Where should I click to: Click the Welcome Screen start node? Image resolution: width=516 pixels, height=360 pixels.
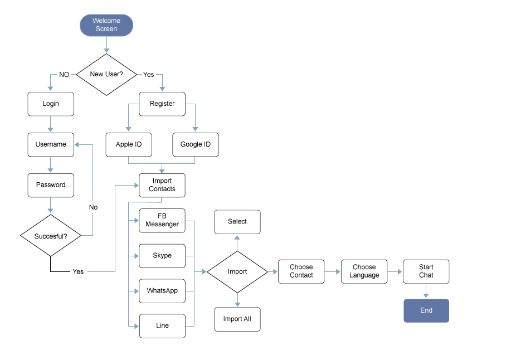(x=106, y=25)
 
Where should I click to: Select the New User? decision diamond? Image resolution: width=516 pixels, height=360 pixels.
(x=106, y=74)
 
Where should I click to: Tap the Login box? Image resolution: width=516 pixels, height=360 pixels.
(x=51, y=104)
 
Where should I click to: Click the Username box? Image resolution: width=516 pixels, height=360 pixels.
(x=51, y=144)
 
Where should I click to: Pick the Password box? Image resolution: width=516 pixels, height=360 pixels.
(x=51, y=185)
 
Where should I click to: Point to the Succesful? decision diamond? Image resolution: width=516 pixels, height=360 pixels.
(x=51, y=236)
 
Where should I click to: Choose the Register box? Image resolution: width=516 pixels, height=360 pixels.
(x=162, y=104)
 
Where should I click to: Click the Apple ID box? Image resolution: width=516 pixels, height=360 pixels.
(x=129, y=144)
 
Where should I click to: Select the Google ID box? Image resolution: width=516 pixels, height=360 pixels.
(x=196, y=144)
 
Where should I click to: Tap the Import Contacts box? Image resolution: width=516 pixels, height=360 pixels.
(x=162, y=185)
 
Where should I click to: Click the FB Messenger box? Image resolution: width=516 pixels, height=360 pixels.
(x=162, y=220)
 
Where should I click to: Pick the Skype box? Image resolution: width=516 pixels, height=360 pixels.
(x=162, y=256)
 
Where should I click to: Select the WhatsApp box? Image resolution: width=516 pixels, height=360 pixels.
(x=162, y=291)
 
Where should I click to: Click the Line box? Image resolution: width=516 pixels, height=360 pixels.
(x=162, y=325)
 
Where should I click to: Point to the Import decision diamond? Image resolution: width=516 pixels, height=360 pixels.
(x=237, y=272)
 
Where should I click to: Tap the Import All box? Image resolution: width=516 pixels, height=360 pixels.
(x=237, y=319)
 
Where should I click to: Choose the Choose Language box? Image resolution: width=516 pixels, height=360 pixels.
(x=364, y=271)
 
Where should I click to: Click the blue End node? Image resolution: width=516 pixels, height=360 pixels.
(x=426, y=311)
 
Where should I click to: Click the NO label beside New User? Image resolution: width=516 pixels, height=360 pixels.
(x=64, y=75)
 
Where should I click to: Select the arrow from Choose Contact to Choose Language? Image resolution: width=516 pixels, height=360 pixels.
(x=333, y=271)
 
